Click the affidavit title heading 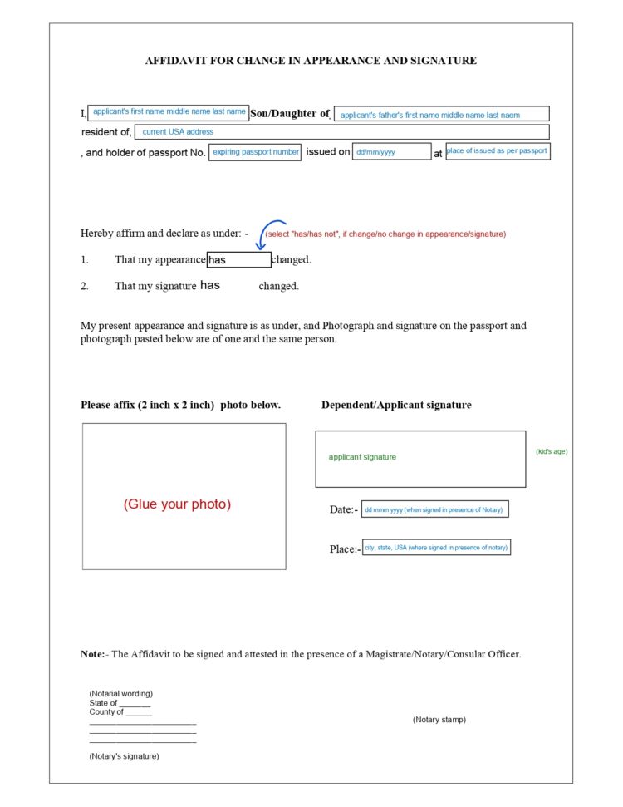pyautogui.click(x=311, y=61)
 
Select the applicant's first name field pyautogui.click(x=169, y=112)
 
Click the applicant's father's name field pyautogui.click(x=441, y=115)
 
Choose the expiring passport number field pyautogui.click(x=255, y=153)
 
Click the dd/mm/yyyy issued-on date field pyautogui.click(x=391, y=153)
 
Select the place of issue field pyautogui.click(x=498, y=151)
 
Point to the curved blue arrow pyautogui.click(x=267, y=234)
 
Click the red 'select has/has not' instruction pyautogui.click(x=385, y=234)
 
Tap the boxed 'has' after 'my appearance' pyautogui.click(x=238, y=260)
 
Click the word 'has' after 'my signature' pyautogui.click(x=210, y=286)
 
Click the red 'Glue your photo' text pyautogui.click(x=177, y=504)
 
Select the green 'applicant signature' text pyautogui.click(x=362, y=457)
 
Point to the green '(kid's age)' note pyautogui.click(x=552, y=451)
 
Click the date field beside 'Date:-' pyautogui.click(x=434, y=509)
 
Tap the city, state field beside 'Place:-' pyautogui.click(x=436, y=548)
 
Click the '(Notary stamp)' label pyautogui.click(x=439, y=720)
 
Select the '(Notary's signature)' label pyautogui.click(x=124, y=756)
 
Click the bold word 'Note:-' pyautogui.click(x=94, y=654)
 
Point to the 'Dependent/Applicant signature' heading pyautogui.click(x=396, y=405)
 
